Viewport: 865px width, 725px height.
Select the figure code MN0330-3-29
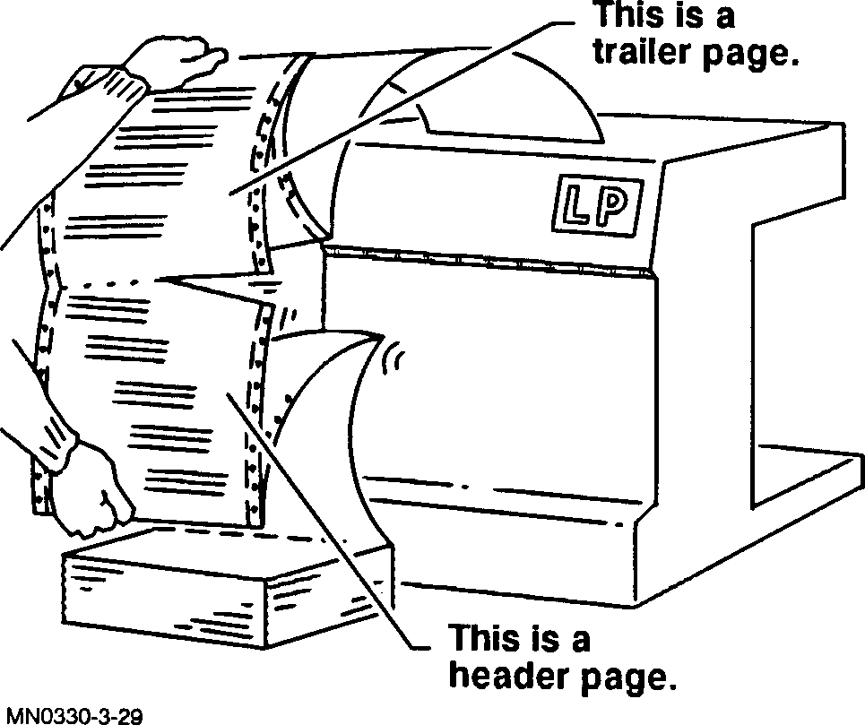pyautogui.click(x=71, y=715)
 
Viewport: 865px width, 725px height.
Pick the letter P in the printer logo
pyautogui.click(x=617, y=204)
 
